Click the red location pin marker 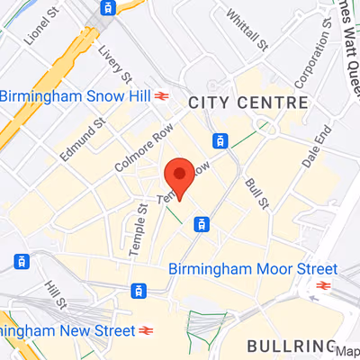point(179,175)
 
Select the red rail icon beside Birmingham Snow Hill point(163,96)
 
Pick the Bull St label point(256,190)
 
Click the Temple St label point(139,229)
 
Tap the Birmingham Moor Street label point(253,269)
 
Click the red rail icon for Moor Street point(322,286)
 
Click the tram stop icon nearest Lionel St point(107,8)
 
